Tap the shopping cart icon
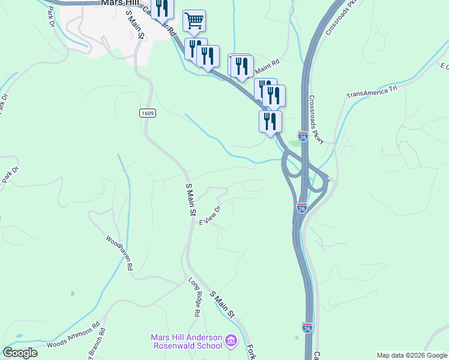click(194, 21)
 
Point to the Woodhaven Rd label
click(119, 254)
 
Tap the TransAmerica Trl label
click(372, 92)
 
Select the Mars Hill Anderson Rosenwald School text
click(186, 342)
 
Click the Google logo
click(20, 353)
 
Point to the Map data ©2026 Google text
click(412, 355)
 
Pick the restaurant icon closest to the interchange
click(270, 121)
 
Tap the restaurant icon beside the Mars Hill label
click(162, 8)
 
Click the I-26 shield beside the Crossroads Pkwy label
click(303, 137)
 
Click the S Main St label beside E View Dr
click(190, 200)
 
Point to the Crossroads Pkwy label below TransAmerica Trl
click(317, 120)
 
